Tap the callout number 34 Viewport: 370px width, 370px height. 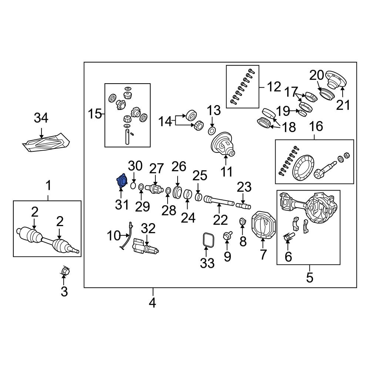pyautogui.click(x=41, y=118)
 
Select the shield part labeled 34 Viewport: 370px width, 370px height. pyautogui.click(x=46, y=143)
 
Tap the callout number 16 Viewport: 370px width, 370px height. pyautogui.click(x=316, y=126)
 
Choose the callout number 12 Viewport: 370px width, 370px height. pyautogui.click(x=274, y=87)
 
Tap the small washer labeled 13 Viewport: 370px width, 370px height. pyautogui.click(x=212, y=131)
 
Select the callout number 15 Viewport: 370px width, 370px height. pyautogui.click(x=95, y=114)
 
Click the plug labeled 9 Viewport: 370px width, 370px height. pyautogui.click(x=227, y=236)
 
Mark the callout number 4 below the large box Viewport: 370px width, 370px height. pyautogui.click(x=152, y=303)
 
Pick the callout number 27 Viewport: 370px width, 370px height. pyautogui.click(x=156, y=169)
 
